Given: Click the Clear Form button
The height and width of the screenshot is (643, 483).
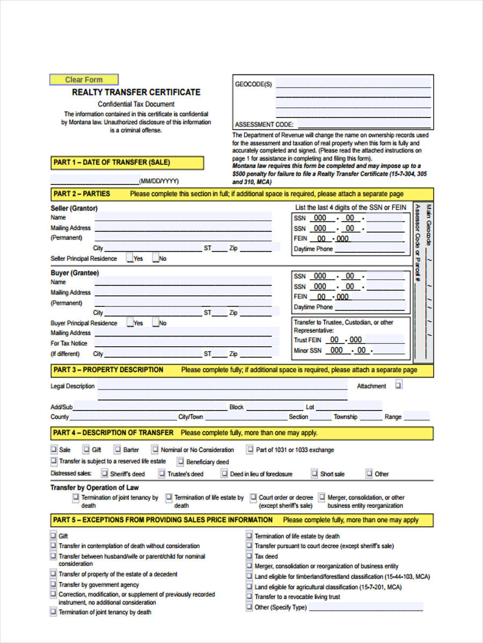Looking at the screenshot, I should [84, 80].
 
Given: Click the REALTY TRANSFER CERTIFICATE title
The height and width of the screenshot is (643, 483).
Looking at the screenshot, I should [136, 92].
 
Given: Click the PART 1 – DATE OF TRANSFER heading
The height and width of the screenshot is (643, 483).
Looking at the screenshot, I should [127, 162].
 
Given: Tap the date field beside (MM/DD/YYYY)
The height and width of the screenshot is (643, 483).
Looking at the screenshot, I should [94, 180].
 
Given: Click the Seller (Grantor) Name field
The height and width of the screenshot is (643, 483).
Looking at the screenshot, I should [183, 218].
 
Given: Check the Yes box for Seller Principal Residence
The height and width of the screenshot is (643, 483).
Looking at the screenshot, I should [130, 258].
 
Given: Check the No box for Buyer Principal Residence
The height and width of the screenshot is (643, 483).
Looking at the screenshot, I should [156, 323].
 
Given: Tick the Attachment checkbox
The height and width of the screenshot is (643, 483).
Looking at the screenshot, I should [399, 385].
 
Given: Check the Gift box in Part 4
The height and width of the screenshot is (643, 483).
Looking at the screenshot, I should [86, 450].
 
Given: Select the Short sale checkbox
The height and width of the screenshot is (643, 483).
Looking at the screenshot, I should [314, 474].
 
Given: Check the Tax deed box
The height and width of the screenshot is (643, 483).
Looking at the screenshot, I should [250, 556].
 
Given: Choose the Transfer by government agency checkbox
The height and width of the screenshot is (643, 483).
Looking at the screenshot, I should [53, 585].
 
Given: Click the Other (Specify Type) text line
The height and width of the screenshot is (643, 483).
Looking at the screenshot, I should [365, 608].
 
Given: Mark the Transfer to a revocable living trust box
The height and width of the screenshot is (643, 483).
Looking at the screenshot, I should [250, 596].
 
